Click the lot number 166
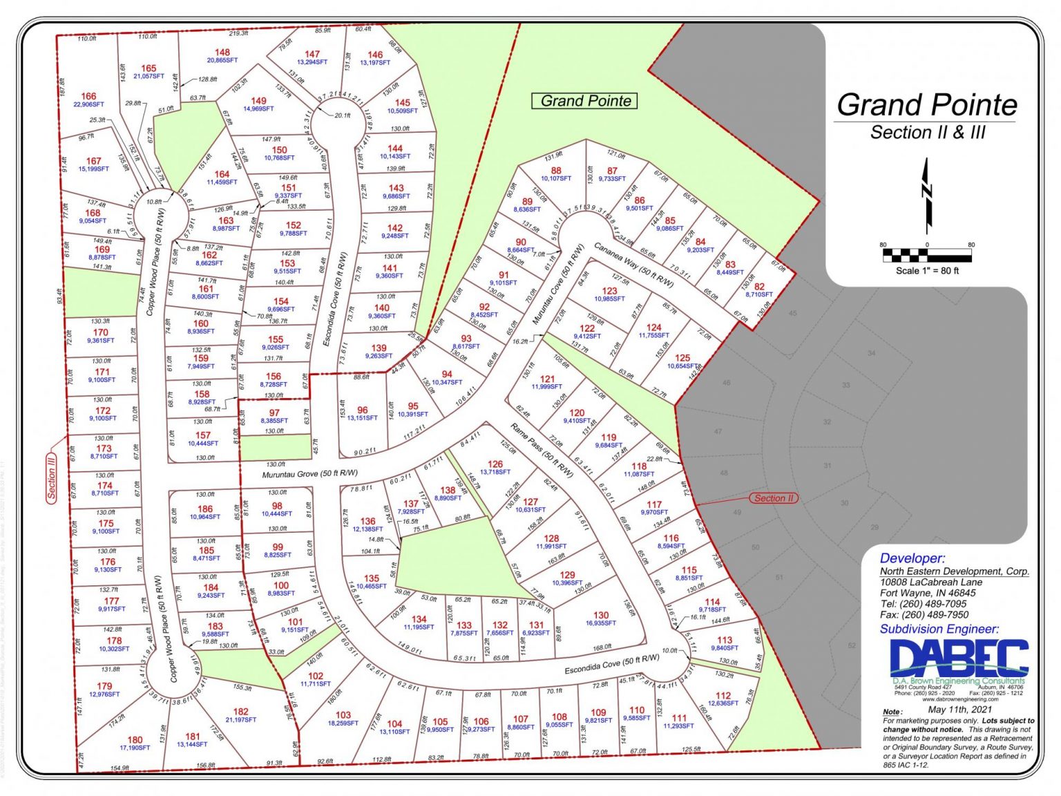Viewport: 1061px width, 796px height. (x=88, y=96)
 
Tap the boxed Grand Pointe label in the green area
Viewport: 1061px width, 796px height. (x=585, y=101)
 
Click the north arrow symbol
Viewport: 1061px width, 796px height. (x=927, y=196)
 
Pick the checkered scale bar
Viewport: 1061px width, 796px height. (x=927, y=256)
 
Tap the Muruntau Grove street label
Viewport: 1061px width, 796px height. (x=309, y=474)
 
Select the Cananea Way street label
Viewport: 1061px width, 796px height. (x=633, y=264)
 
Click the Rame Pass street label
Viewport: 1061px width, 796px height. (x=542, y=450)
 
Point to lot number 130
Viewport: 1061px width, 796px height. (x=601, y=614)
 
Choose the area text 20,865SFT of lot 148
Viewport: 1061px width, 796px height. (x=222, y=61)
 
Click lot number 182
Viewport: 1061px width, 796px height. (x=240, y=711)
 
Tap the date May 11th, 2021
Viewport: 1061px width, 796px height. (x=959, y=709)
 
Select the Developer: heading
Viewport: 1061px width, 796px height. (x=912, y=558)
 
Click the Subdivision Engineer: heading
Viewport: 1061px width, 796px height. (x=939, y=629)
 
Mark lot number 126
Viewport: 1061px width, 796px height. (x=495, y=464)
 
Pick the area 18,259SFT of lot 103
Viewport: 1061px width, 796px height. (x=343, y=723)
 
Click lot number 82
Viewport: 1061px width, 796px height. (x=759, y=286)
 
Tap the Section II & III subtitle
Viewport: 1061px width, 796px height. (x=927, y=132)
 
